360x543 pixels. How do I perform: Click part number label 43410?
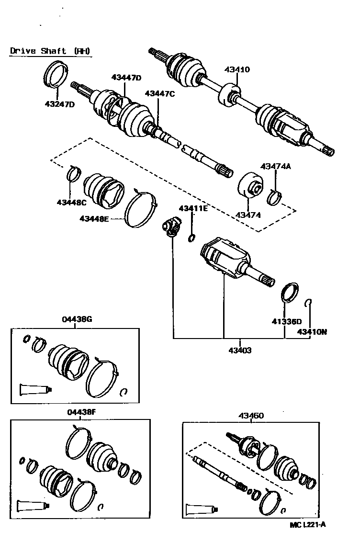coord(237,69)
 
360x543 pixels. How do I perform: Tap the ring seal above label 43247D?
coord(55,74)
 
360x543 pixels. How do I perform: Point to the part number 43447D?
coord(126,78)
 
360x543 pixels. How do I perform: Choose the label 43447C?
coord(160,94)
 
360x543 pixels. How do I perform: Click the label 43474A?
coord(276,167)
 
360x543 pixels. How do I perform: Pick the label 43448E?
coord(95,219)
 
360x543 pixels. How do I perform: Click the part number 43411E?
coord(194,208)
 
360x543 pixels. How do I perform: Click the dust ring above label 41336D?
coord(289,293)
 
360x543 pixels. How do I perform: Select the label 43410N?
coord(312,331)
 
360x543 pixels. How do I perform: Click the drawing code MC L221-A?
coord(308,524)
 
